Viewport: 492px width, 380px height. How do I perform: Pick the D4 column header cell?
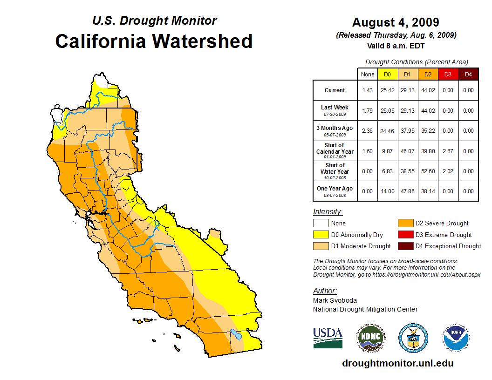click(468, 75)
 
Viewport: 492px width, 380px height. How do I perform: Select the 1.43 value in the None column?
click(368, 90)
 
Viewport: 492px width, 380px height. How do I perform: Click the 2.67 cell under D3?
click(448, 151)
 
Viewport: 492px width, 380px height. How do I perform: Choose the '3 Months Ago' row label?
click(335, 128)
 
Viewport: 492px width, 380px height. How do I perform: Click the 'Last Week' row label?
click(335, 108)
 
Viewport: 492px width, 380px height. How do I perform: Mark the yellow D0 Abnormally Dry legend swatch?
click(321, 235)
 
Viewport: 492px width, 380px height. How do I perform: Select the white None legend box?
click(321, 224)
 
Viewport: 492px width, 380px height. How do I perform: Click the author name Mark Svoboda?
click(335, 300)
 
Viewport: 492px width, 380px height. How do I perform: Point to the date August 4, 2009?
click(396, 22)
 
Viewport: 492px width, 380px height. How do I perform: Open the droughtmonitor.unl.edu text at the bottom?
click(397, 363)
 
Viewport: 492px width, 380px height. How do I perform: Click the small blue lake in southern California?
click(236, 334)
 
